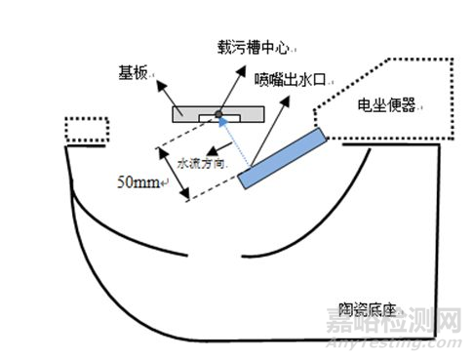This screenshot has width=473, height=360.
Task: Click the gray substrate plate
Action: click(185, 113)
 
